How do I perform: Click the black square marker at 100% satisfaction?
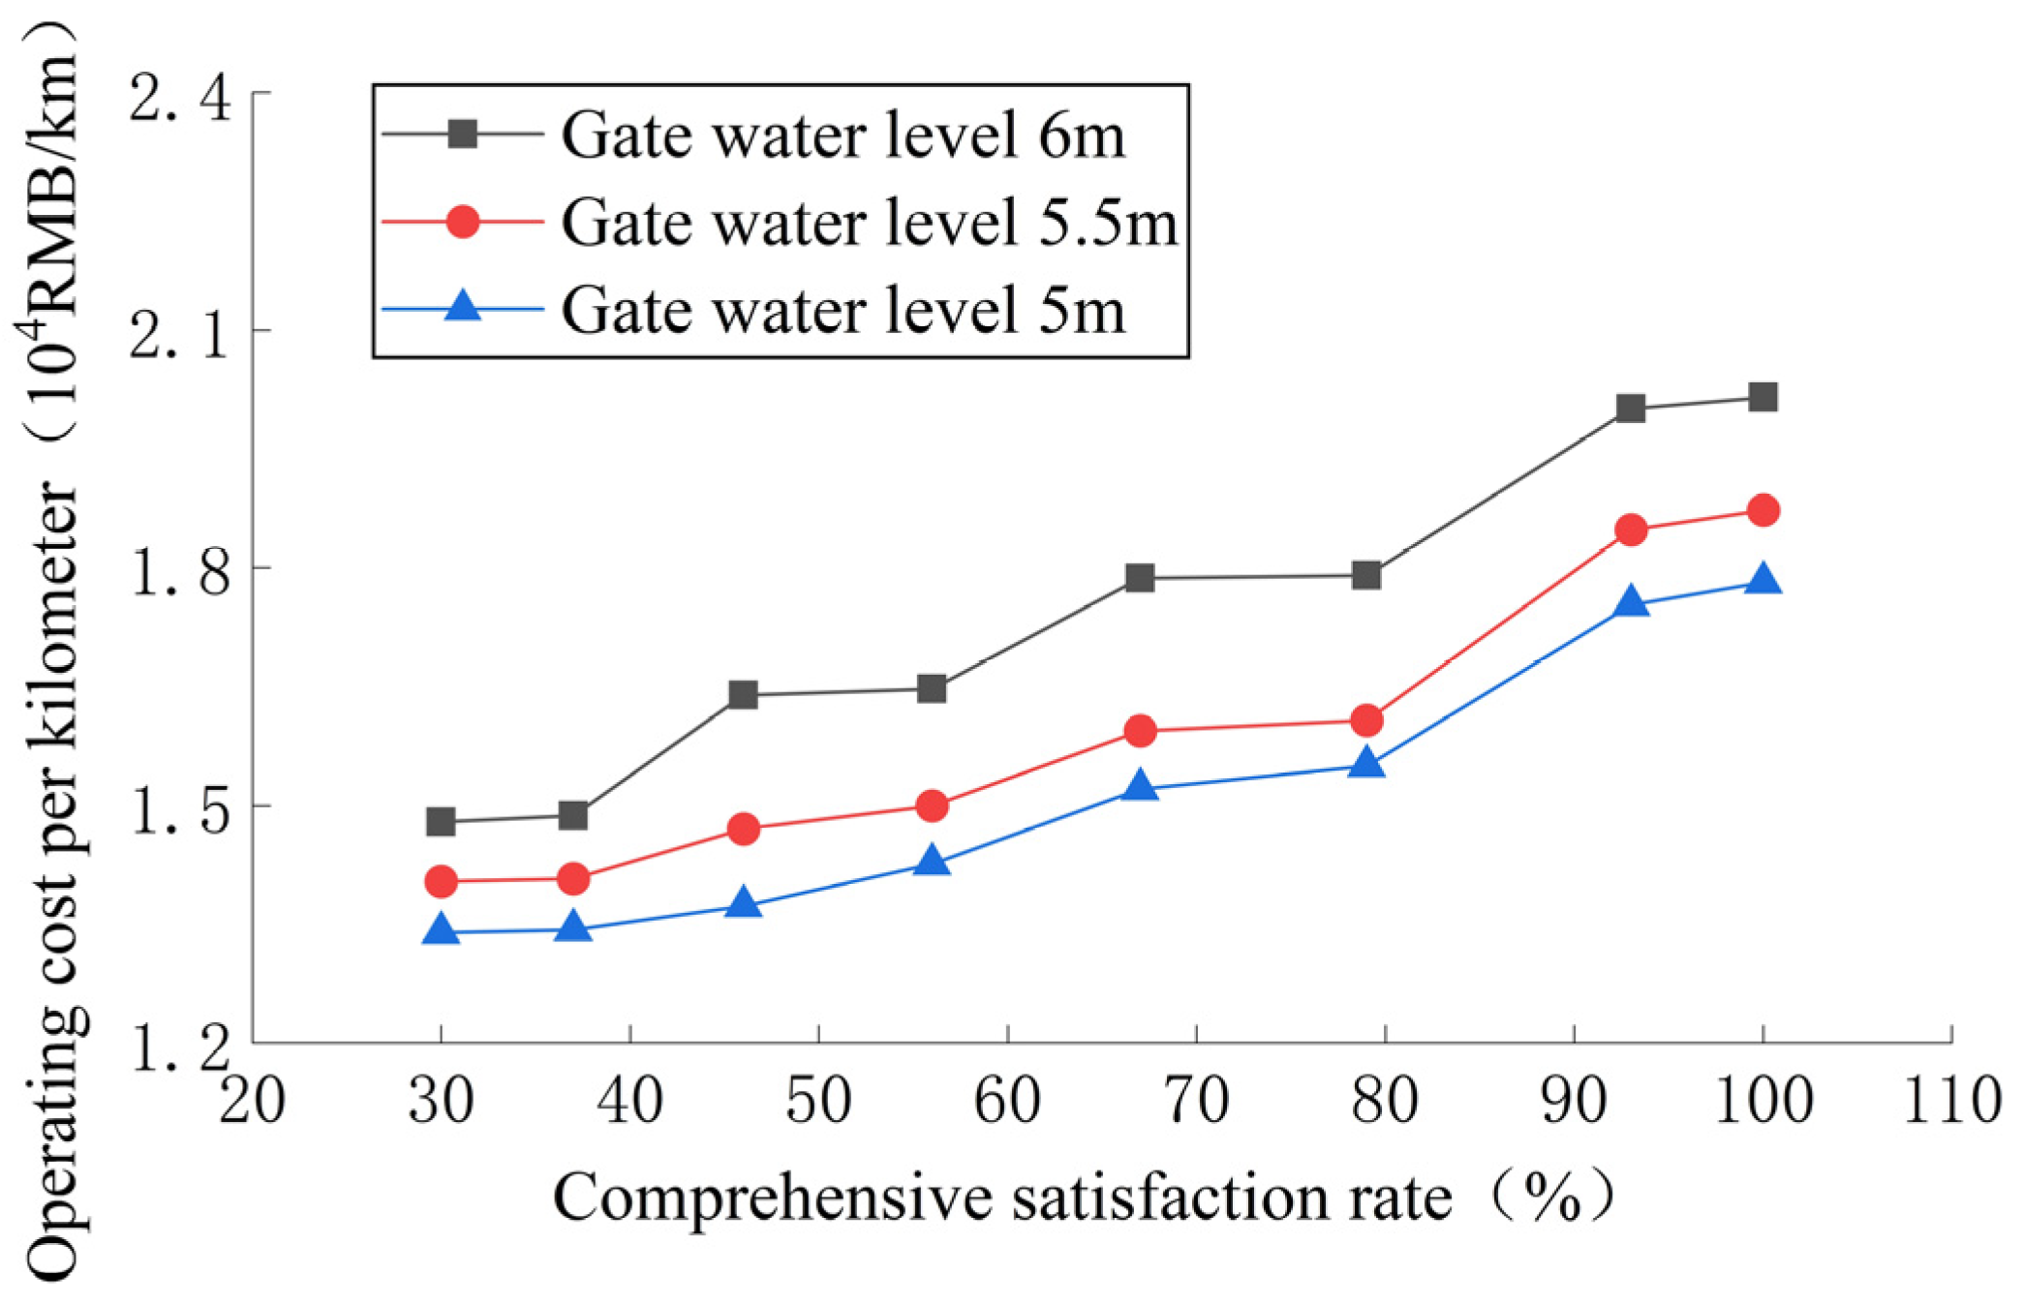(1762, 397)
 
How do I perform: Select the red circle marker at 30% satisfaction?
(442, 881)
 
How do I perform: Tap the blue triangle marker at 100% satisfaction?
(1762, 580)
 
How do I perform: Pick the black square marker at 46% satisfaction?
(743, 694)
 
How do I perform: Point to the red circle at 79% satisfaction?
(1366, 720)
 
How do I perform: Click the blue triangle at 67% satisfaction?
(1141, 785)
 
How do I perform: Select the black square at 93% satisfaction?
(1631, 409)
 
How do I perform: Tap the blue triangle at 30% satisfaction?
(442, 930)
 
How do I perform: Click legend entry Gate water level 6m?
(843, 135)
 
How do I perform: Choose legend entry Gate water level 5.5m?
(869, 222)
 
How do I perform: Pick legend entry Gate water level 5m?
(843, 309)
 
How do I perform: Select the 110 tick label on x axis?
(1950, 1101)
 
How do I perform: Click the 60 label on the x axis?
(1007, 1101)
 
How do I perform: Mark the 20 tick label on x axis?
(252, 1101)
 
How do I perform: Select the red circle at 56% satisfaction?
(932, 805)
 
